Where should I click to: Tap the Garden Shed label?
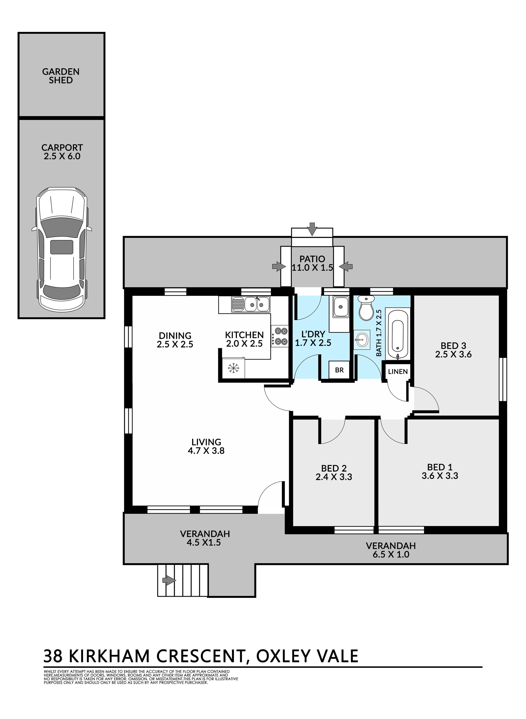[61, 76]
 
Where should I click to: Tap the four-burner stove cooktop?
[279, 336]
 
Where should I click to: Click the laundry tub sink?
[341, 307]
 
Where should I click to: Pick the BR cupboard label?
[339, 370]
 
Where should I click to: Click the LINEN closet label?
[398, 371]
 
